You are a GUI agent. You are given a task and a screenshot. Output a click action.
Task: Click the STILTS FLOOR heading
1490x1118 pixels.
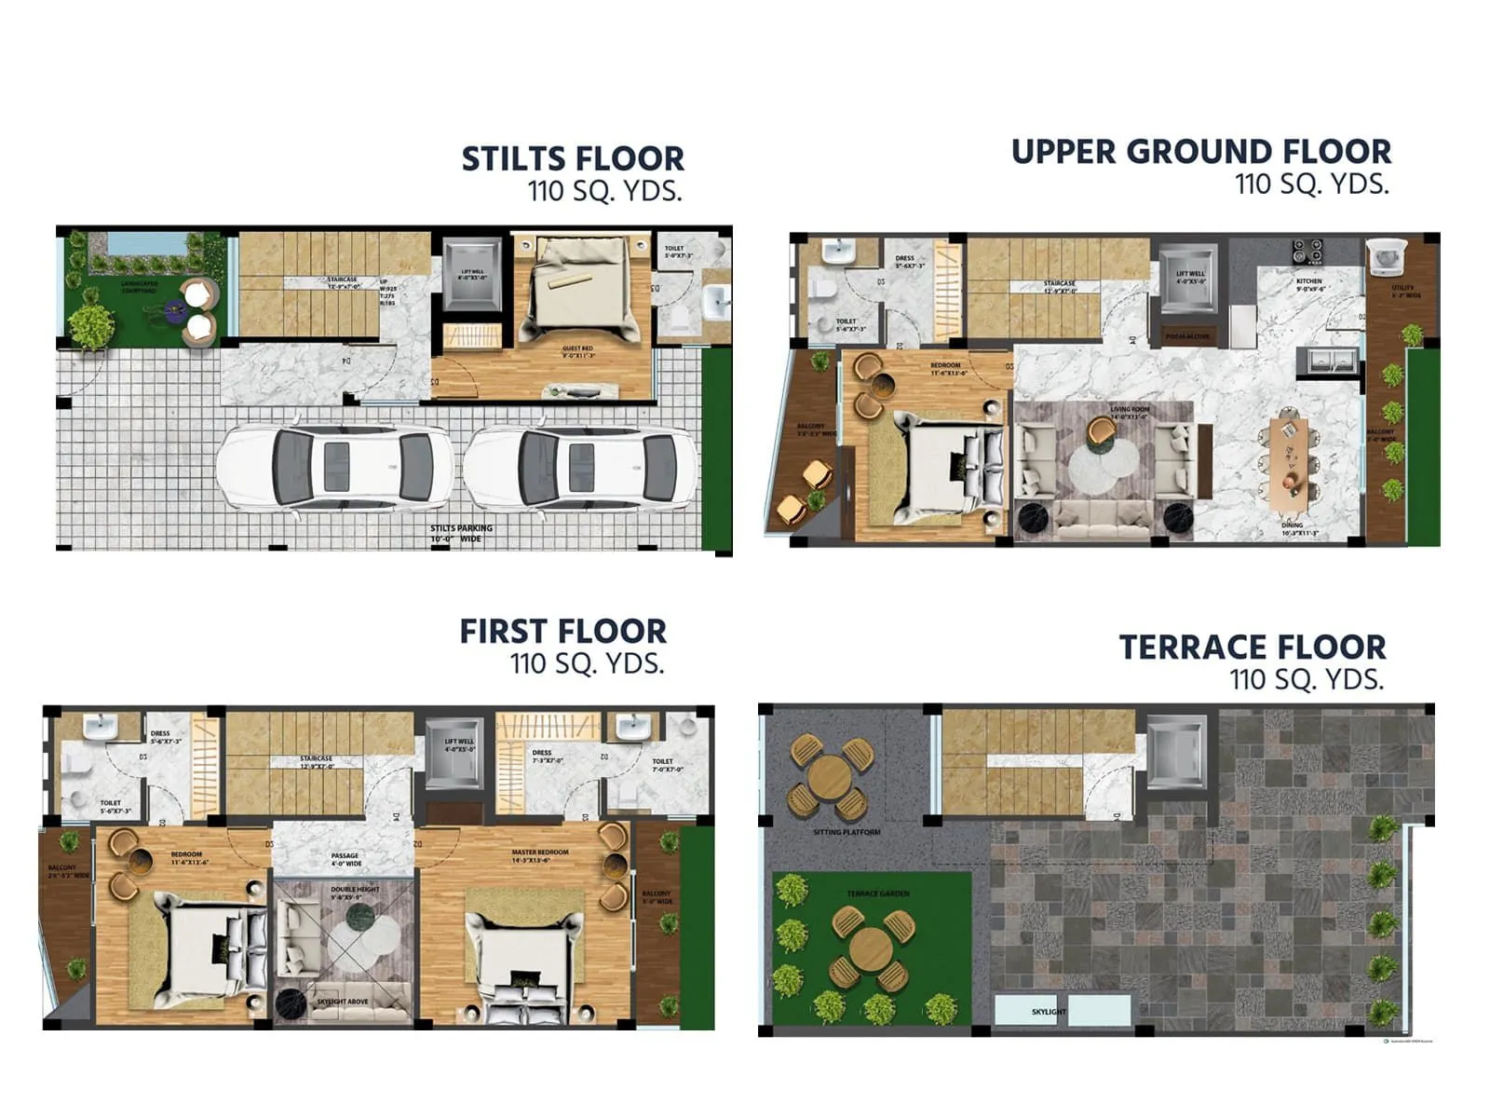[573, 158]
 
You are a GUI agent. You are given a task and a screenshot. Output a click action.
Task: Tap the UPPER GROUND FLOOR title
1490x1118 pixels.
[1200, 152]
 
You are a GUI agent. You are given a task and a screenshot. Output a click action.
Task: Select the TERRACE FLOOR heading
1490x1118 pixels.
[1252, 647]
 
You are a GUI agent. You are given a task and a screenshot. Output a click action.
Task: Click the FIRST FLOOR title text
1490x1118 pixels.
[562, 632]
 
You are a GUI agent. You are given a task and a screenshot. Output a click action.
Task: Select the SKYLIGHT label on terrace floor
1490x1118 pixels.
[1049, 1012]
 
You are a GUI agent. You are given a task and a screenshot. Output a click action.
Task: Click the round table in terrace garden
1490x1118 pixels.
[871, 948]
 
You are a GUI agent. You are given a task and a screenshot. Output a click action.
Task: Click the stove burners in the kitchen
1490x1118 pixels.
[1307, 249]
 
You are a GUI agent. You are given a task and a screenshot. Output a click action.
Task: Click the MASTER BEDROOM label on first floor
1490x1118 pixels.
[539, 852]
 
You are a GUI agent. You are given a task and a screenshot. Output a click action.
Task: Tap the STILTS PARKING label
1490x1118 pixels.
[461, 528]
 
